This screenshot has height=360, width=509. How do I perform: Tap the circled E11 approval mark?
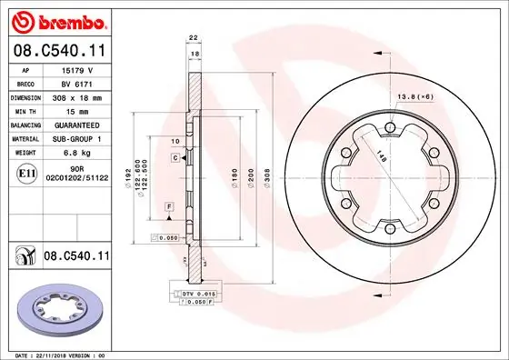tap(26, 173)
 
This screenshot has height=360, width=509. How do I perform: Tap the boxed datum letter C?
tap(174, 158)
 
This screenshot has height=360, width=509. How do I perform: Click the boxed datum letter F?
tap(169, 208)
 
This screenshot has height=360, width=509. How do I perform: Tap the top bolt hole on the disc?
tap(389, 127)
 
